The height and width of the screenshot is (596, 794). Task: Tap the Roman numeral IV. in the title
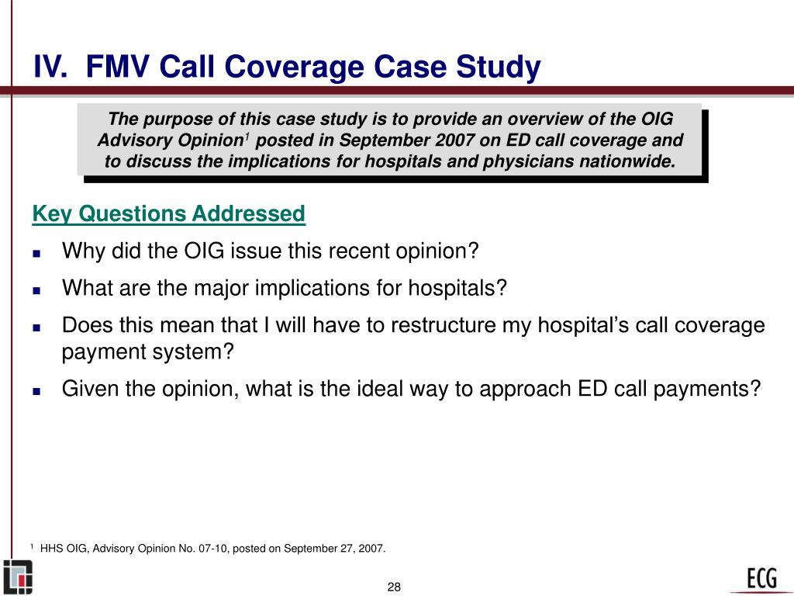52,68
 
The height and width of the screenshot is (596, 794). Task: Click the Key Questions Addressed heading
168,213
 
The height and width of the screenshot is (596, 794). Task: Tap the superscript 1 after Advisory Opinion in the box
247,137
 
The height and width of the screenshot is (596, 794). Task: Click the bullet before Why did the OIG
36,253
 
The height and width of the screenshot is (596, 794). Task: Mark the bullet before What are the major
36,289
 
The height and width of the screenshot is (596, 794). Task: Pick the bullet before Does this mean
36,327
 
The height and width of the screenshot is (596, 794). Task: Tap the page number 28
394,586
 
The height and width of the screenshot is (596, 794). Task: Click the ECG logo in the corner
762,577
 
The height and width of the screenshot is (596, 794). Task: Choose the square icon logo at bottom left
18,577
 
